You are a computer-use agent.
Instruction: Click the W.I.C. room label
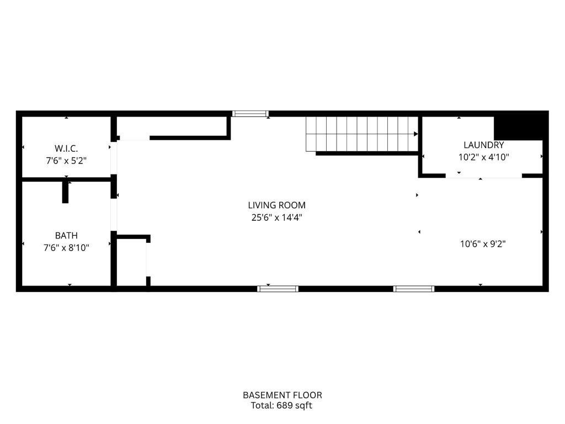click(66, 149)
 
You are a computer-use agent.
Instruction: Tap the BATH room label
click(66, 236)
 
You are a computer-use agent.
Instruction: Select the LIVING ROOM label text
click(276, 205)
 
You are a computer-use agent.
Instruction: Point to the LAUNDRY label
click(483, 145)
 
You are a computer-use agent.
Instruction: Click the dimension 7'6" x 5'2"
click(66, 161)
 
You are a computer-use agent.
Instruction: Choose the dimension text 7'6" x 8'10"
click(66, 248)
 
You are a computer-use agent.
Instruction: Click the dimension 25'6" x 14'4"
click(276, 218)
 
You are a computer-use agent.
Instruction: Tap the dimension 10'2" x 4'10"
click(483, 157)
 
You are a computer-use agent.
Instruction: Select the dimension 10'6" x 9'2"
click(483, 243)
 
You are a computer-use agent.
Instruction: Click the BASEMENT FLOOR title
click(282, 395)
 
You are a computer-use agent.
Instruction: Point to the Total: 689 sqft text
click(282, 406)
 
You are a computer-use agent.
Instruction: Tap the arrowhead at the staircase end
click(415, 134)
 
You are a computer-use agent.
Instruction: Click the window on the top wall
click(250, 114)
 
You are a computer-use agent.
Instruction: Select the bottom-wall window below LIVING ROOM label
click(278, 288)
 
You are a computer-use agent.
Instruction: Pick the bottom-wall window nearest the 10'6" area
click(414, 288)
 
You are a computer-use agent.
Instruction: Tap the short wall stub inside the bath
click(65, 192)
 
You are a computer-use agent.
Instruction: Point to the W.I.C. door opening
click(114, 158)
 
